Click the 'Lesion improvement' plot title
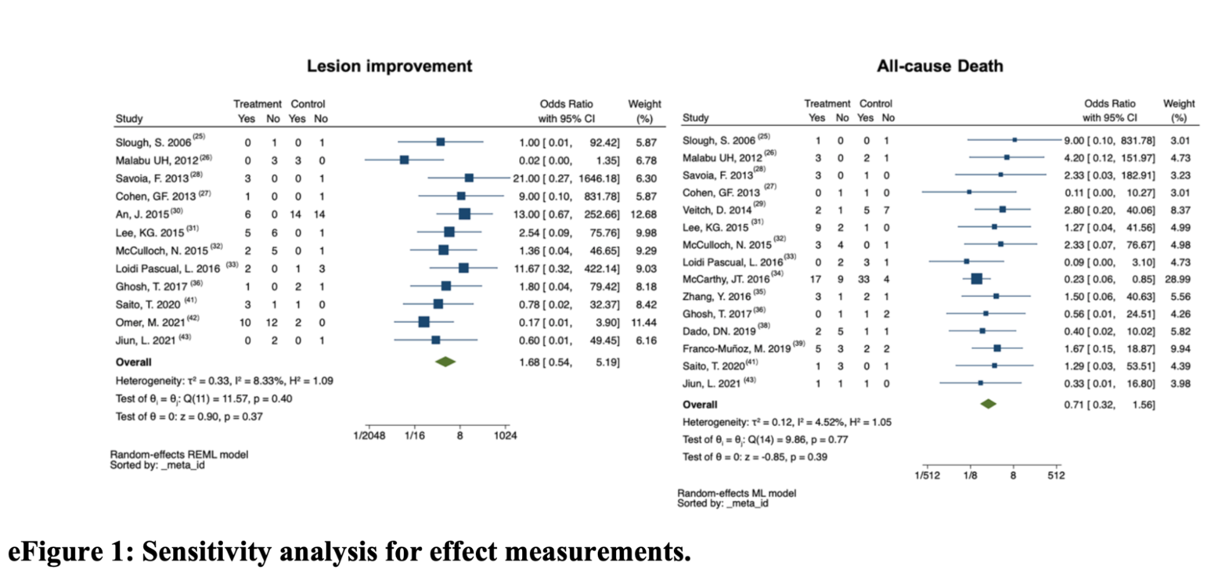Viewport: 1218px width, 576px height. click(389, 66)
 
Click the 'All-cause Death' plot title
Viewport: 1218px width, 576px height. click(940, 66)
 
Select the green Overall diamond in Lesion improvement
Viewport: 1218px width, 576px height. click(445, 362)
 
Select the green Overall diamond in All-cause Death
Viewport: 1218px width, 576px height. click(988, 404)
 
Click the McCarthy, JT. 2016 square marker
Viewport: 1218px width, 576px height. click(976, 279)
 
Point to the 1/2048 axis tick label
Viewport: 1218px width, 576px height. click(369, 436)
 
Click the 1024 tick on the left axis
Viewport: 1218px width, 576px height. click(505, 436)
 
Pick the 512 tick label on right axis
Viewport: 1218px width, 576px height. click(1056, 475)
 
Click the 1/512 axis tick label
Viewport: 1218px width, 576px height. click(927, 475)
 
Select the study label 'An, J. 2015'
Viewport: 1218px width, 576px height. click(142, 215)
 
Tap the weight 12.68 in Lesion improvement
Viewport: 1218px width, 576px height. click(643, 215)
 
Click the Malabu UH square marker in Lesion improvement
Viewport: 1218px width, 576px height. click(404, 160)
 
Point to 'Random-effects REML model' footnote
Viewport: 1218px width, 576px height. click(179, 455)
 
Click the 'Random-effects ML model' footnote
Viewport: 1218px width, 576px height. click(737, 493)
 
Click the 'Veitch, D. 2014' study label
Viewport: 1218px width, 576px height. click(717, 210)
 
